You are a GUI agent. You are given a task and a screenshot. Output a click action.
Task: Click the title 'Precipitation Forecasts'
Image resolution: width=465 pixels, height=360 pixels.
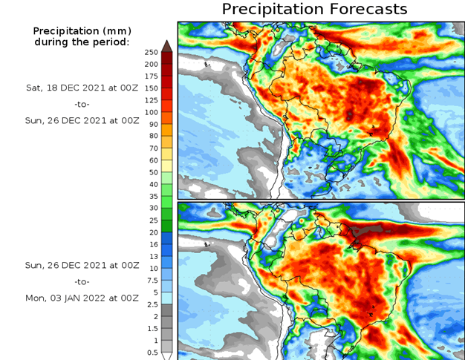pos(314,10)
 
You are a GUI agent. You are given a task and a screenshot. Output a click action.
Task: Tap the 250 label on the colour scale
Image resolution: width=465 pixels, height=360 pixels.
pos(152,52)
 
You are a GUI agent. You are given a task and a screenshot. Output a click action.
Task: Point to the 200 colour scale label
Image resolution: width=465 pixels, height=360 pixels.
pos(152,64)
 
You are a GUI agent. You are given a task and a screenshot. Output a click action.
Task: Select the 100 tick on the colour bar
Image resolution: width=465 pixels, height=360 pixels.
pos(152,112)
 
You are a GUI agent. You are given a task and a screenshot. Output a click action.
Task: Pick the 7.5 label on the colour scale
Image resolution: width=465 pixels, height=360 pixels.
pos(151,280)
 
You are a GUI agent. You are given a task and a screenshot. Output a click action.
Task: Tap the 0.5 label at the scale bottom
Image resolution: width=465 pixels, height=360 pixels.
pos(151,352)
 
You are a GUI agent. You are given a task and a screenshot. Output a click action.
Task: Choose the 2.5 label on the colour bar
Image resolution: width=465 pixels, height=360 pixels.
pos(151,304)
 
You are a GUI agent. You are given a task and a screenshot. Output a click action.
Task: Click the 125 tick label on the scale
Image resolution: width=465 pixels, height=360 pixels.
pos(152,100)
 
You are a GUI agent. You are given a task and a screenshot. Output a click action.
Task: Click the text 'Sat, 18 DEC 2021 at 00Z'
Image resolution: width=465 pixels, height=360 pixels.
pos(82,87)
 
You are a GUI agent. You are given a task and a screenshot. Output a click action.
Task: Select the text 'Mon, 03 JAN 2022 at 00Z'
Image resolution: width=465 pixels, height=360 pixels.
pos(82,298)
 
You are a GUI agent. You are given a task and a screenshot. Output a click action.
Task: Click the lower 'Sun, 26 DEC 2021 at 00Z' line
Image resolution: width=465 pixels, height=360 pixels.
pos(82,265)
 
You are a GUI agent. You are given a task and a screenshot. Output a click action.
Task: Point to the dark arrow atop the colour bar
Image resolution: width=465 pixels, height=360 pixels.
pos(167,46)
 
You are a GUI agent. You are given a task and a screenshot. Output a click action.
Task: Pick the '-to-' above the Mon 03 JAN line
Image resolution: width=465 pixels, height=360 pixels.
pos(82,282)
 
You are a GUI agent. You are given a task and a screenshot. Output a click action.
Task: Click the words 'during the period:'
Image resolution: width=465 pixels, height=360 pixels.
pos(82,42)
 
